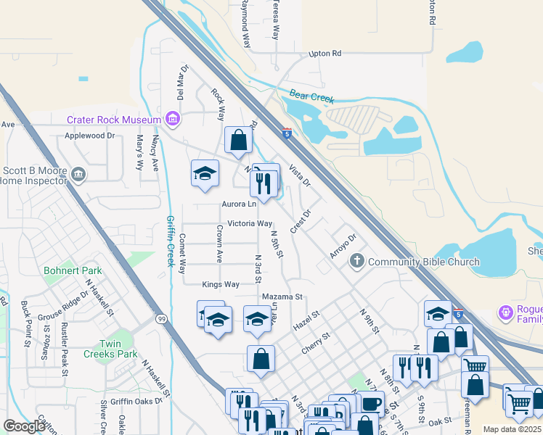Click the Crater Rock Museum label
tap(113, 120)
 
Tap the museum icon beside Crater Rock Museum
tap(172, 118)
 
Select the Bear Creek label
tap(311, 96)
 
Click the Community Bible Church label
tap(423, 262)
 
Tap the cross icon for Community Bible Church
tap(356, 261)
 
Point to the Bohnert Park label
tap(73, 270)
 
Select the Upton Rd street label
tap(324, 54)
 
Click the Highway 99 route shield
tap(160, 318)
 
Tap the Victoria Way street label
tap(250, 224)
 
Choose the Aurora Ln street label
tap(239, 204)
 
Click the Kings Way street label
tap(221, 284)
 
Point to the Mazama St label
tap(282, 297)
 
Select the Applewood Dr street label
tap(90, 136)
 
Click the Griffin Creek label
tap(171, 241)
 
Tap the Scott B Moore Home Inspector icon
tap(79, 174)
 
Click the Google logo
tap(24, 427)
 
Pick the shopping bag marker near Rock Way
tap(238, 141)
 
